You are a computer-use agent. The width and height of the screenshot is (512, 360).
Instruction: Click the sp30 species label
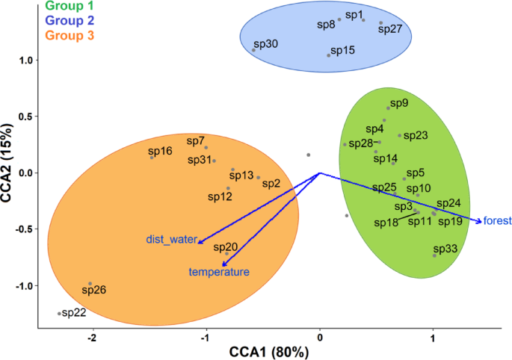(265, 45)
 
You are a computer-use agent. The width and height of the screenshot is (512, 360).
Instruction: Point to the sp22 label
(73, 312)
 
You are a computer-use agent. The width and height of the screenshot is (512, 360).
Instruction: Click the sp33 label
(446, 249)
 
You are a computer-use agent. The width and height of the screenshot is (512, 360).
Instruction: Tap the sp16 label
(161, 151)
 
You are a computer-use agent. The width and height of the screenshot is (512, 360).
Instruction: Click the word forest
(497, 220)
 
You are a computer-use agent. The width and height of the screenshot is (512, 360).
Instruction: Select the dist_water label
(170, 240)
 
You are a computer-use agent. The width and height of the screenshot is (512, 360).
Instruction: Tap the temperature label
(219, 273)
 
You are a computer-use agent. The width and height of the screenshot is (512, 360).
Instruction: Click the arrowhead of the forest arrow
(479, 220)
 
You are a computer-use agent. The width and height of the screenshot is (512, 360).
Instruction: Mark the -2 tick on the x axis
(93, 337)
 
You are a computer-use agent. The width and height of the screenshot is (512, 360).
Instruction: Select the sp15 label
(342, 50)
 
